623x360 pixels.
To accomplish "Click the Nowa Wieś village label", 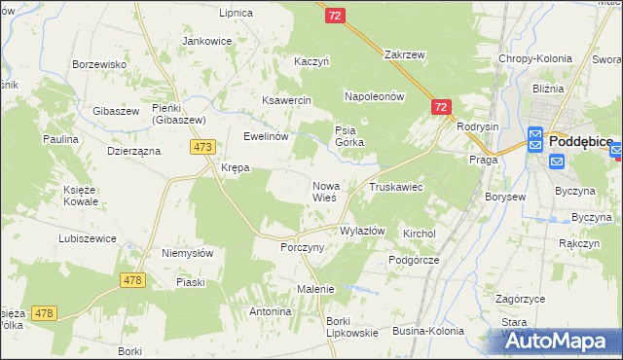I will pyautogui.click(x=324, y=191).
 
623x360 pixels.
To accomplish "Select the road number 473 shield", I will pyautogui.click(x=202, y=147).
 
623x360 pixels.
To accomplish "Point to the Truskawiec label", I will pyautogui.click(x=395, y=187).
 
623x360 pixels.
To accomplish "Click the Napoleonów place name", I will pyautogui.click(x=374, y=97).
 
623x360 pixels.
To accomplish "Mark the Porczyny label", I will pyautogui.click(x=302, y=247).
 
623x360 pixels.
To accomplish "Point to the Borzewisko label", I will pyautogui.click(x=101, y=64).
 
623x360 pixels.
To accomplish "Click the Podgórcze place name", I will pyautogui.click(x=414, y=260).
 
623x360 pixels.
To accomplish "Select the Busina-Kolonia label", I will pyautogui.click(x=427, y=331).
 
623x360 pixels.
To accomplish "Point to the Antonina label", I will pyautogui.click(x=271, y=311).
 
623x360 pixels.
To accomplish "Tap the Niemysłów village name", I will pyautogui.click(x=188, y=253).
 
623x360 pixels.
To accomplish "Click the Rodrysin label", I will pyautogui.click(x=477, y=126).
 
